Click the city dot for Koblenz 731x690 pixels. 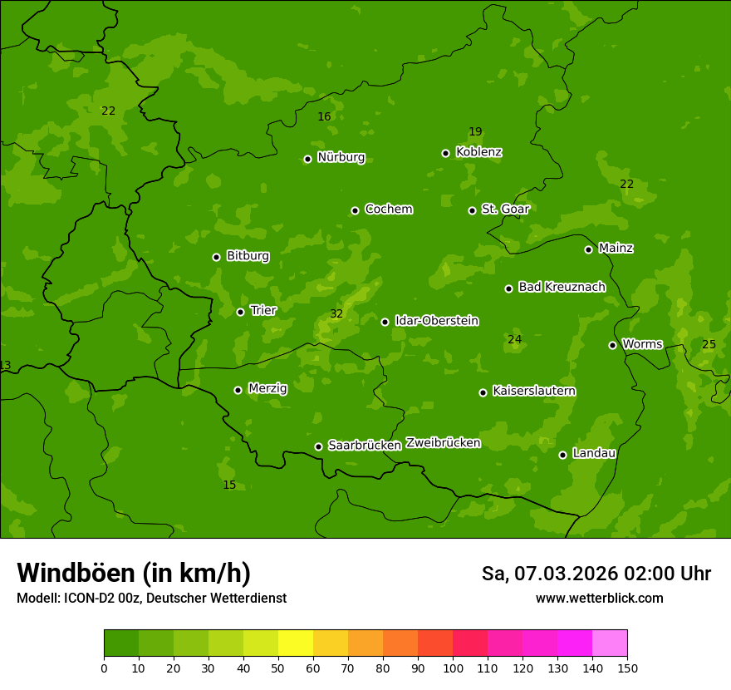[x=446, y=153]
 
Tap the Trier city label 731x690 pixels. [x=263, y=310]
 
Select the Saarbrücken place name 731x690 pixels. [x=365, y=445]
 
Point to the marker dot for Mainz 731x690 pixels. [x=588, y=249]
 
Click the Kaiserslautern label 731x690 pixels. [x=534, y=391]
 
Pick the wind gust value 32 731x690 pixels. [x=336, y=314]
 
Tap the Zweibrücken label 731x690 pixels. [x=443, y=442]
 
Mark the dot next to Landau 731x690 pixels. [x=562, y=455]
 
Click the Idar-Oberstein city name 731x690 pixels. [x=437, y=320]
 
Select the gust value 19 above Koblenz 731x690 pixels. [x=475, y=131]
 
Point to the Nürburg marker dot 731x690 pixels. [x=307, y=159]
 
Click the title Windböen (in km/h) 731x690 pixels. [x=134, y=573]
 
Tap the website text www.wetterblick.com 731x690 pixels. [x=599, y=598]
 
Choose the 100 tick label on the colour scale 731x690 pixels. [x=453, y=668]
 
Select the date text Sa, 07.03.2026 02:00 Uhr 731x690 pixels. [x=596, y=574]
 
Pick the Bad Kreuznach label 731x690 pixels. [x=562, y=287]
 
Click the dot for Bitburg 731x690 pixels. [x=216, y=257]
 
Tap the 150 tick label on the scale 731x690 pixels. [x=627, y=668]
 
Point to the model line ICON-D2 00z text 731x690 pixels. [x=151, y=598]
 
